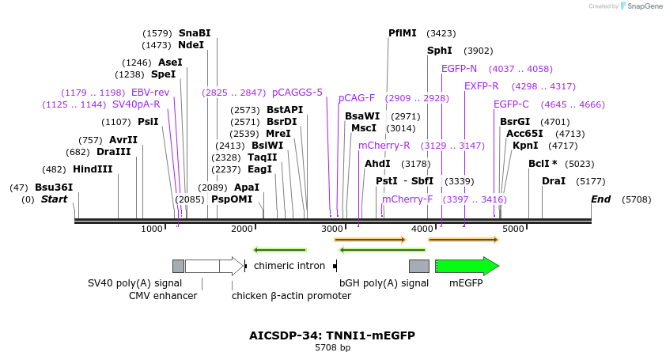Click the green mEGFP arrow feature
467,266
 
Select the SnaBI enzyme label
195,33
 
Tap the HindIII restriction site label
93,169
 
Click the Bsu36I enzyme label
54,188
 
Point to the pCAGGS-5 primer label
297,92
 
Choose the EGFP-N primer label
459,69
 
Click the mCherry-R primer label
384,146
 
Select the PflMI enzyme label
402,33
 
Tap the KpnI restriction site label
524,146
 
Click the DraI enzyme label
554,181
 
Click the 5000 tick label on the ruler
514,229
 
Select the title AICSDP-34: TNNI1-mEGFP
332,335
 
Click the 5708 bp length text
332,347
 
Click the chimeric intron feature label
289,266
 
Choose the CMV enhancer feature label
163,296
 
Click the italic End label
601,199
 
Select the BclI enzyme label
543,164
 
